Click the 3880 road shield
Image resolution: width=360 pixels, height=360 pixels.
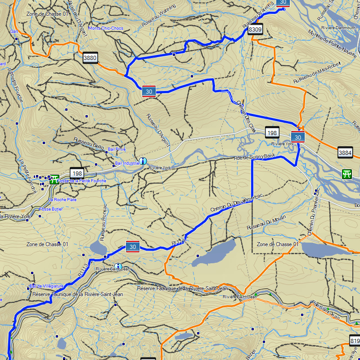90,58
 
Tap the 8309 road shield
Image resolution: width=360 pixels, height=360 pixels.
255,30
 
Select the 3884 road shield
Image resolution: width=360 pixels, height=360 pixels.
345,153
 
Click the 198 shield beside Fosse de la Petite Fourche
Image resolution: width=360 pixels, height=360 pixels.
77,173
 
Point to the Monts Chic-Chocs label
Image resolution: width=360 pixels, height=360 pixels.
106,28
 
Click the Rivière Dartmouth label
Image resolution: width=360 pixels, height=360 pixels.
339,27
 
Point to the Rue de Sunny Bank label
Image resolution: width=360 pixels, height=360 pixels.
255,157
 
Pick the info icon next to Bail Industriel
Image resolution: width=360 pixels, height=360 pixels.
143,161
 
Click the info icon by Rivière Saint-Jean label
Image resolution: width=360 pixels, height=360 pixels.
118,266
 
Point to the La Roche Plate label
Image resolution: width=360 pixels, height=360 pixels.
63,199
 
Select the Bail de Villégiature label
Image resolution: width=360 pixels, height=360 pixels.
47,286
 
